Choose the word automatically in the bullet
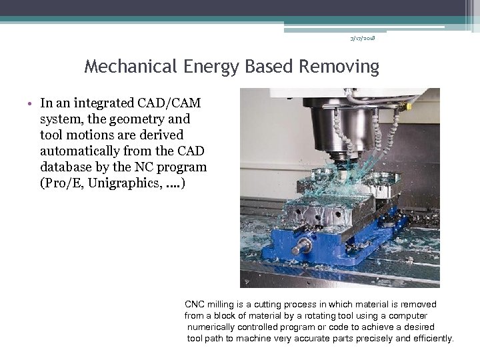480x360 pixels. point(87,151)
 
